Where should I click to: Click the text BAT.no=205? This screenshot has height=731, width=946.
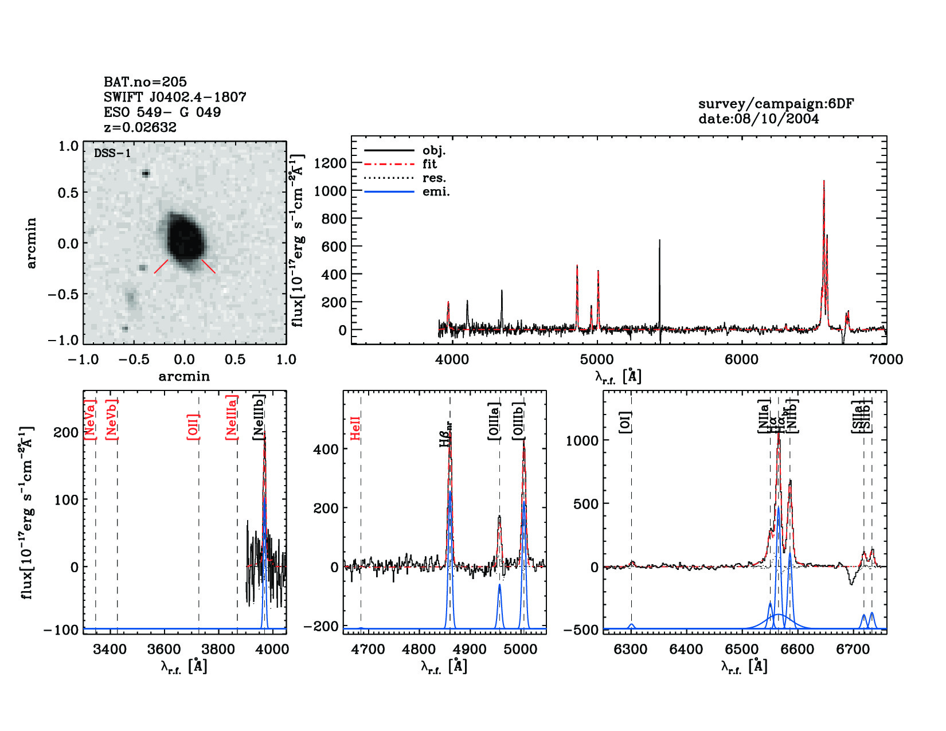click(145, 82)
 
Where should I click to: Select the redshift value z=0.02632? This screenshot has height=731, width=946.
click(140, 127)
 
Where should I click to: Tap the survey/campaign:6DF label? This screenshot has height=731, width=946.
click(776, 104)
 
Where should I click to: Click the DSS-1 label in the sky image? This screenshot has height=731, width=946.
click(112, 153)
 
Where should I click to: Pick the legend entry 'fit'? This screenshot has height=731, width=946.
click(429, 164)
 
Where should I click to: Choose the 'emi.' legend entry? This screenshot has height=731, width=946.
click(436, 191)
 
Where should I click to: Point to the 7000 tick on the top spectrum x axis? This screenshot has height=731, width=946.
click(886, 359)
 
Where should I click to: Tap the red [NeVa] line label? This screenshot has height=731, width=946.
click(90, 420)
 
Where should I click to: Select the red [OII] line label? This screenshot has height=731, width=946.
click(193, 427)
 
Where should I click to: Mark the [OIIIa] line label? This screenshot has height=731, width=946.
click(494, 421)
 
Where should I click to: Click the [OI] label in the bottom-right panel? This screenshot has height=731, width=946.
click(626, 422)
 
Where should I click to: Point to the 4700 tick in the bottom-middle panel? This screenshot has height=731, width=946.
click(368, 650)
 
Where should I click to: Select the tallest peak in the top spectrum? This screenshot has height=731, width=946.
click(824, 182)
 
